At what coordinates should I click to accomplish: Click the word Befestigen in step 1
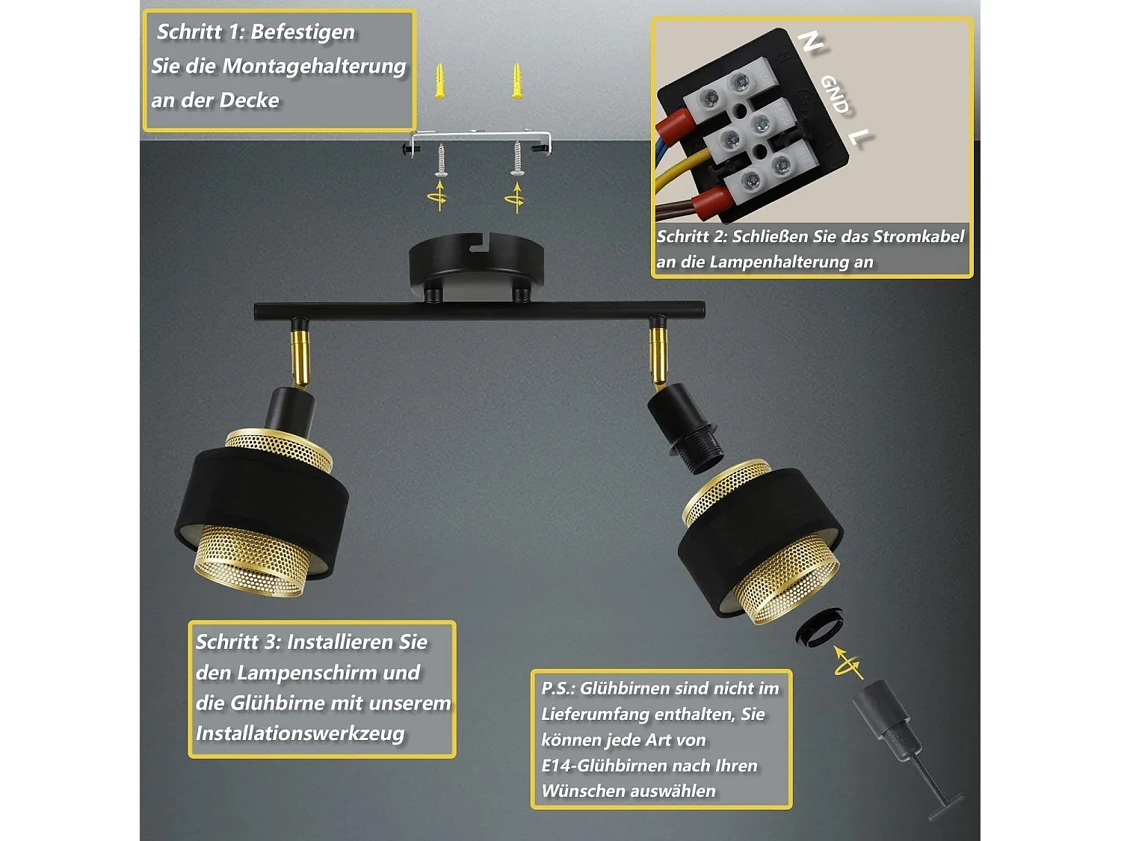[x=303, y=31]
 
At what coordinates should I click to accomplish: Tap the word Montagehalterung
[x=314, y=67]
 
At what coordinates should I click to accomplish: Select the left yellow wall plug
[x=439, y=81]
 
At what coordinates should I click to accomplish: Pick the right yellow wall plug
[x=517, y=81]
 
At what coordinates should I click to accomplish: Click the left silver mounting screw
[x=441, y=160]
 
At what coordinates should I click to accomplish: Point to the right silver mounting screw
[x=518, y=158]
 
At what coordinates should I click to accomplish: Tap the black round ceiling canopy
[x=476, y=265]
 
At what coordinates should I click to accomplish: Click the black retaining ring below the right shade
[x=819, y=626]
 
